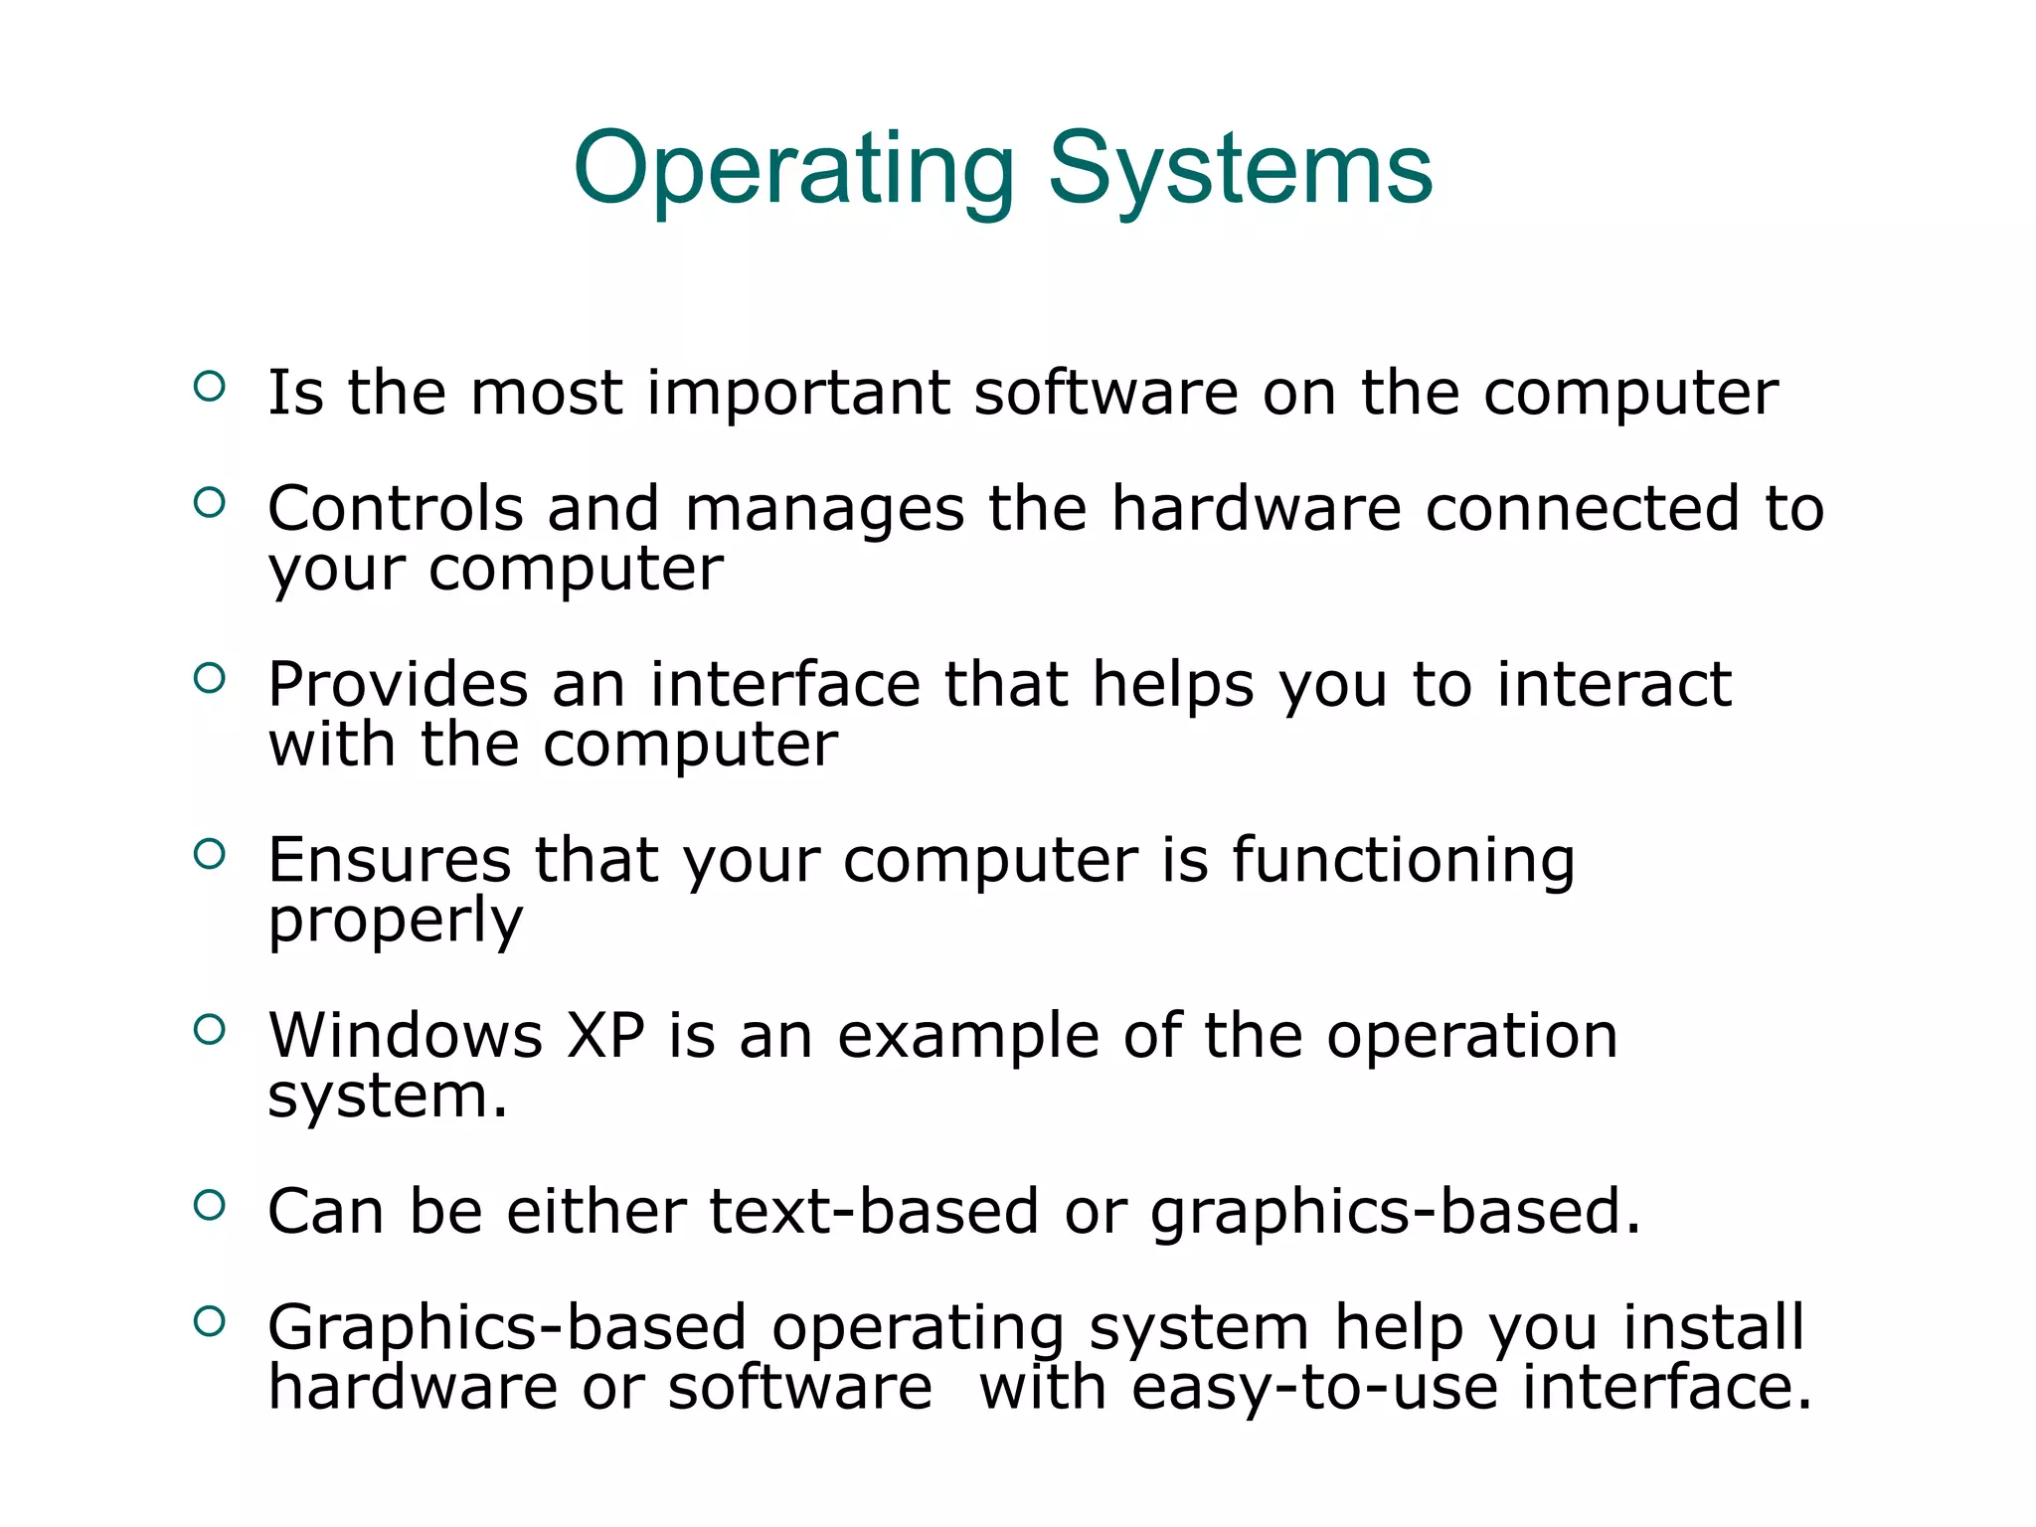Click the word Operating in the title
[x=793, y=171]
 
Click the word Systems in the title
[x=1240, y=171]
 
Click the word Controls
[x=395, y=509]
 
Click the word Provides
[x=398, y=685]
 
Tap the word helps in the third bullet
[x=1173, y=685]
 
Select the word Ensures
[x=389, y=860]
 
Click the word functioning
[x=1403, y=861]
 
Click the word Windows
[x=406, y=1036]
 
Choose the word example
[x=967, y=1038]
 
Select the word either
[x=595, y=1212]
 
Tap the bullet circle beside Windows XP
[x=210, y=1030]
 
